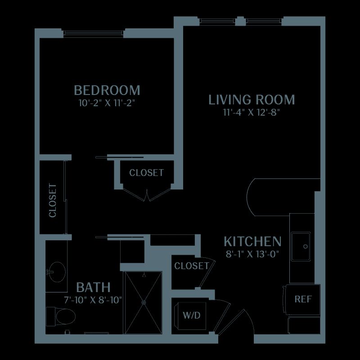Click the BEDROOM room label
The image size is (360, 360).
pyautogui.click(x=107, y=90)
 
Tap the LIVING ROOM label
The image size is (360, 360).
pyautogui.click(x=252, y=99)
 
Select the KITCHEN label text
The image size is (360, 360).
pyautogui.click(x=252, y=241)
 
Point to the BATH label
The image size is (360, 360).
pyautogui.click(x=93, y=287)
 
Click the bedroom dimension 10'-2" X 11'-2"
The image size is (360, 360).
pyautogui.click(x=107, y=103)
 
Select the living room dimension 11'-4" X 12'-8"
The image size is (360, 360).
pyautogui.click(x=252, y=112)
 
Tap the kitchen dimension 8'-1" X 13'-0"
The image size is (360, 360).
pyautogui.click(x=252, y=254)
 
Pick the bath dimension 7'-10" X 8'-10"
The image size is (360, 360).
pyautogui.click(x=93, y=300)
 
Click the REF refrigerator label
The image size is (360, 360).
pyautogui.click(x=303, y=299)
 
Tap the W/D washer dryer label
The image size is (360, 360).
pyautogui.click(x=192, y=315)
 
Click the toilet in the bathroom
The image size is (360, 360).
pyautogui.click(x=61, y=316)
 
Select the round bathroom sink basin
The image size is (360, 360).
pyautogui.click(x=58, y=272)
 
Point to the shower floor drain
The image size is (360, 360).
pyautogui.click(x=144, y=302)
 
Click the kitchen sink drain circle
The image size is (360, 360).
pyautogui.click(x=306, y=246)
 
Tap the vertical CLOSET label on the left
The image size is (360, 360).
pyautogui.click(x=53, y=200)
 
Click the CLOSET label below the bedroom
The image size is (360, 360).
pyautogui.click(x=147, y=173)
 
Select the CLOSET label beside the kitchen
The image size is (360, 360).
pyautogui.click(x=192, y=266)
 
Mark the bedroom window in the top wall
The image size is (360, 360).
pyautogui.click(x=94, y=33)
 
